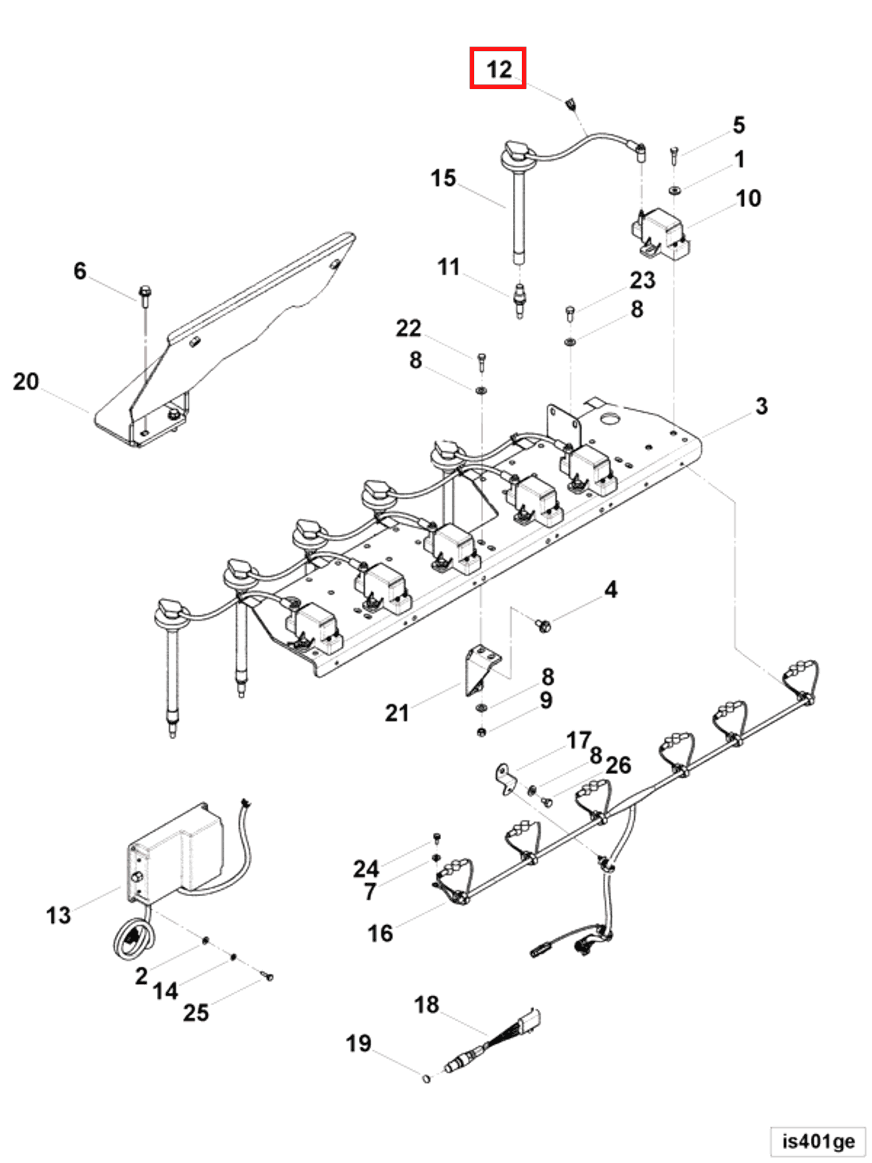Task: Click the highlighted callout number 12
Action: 498,69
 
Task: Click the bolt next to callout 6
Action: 145,296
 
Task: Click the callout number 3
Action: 761,406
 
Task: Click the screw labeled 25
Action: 268,977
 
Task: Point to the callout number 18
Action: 426,1005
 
